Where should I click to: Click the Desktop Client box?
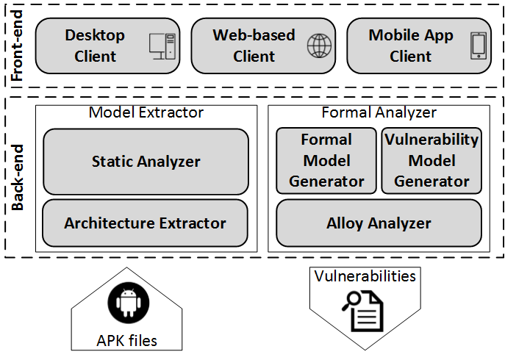click(107, 46)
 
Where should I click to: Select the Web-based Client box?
click(263, 46)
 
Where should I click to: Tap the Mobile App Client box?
click(419, 46)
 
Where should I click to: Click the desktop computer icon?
click(162, 46)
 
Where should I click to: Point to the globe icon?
click(319, 46)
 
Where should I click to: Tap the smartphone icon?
click(479, 46)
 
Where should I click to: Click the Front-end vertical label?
click(17, 46)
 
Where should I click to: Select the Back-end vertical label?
click(18, 177)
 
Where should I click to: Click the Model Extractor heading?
click(146, 112)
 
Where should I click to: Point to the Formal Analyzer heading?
click(379, 112)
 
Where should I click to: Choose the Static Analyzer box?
click(146, 162)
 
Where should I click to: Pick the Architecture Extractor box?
click(145, 223)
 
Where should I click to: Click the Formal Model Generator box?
click(326, 161)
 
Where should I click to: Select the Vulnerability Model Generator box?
click(431, 161)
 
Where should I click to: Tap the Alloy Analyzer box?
click(379, 223)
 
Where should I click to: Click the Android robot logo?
click(128, 303)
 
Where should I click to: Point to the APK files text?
click(127, 341)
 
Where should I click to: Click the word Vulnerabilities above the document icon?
click(365, 276)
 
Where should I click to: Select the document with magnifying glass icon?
click(363, 311)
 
